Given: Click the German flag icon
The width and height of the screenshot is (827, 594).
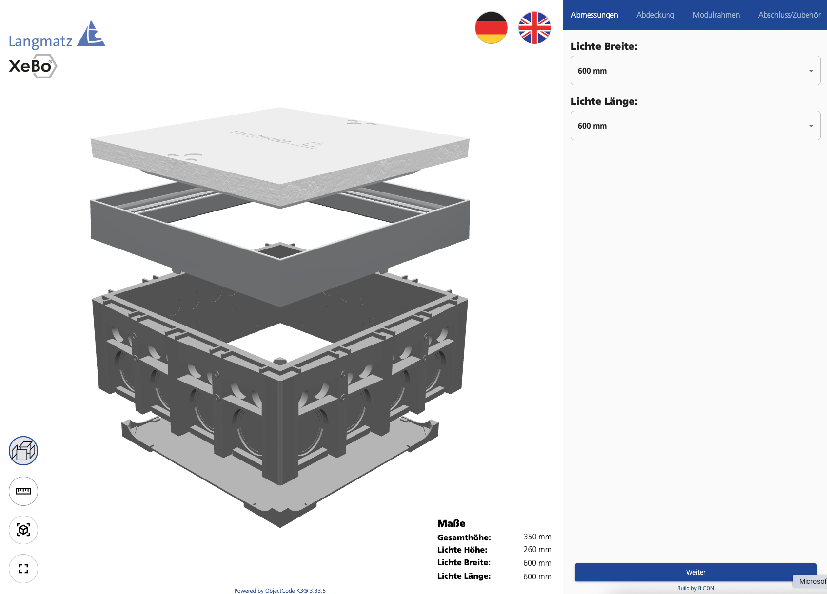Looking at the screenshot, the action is click(491, 28).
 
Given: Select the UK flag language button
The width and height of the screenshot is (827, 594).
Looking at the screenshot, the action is click(534, 28).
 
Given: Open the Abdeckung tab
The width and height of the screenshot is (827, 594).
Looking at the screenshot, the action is click(655, 15).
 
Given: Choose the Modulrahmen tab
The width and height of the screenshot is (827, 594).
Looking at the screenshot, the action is click(716, 15).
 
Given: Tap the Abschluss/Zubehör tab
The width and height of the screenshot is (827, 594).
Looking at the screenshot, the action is click(789, 15).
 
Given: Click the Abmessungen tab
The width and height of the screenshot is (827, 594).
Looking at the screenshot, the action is click(594, 15).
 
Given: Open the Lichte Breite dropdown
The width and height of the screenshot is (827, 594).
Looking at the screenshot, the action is click(695, 71).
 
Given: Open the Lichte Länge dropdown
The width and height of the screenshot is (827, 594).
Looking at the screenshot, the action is click(695, 125).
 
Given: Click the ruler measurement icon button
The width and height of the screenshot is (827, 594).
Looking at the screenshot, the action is click(23, 491).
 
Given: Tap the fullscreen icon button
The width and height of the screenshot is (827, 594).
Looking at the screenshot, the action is click(23, 569).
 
